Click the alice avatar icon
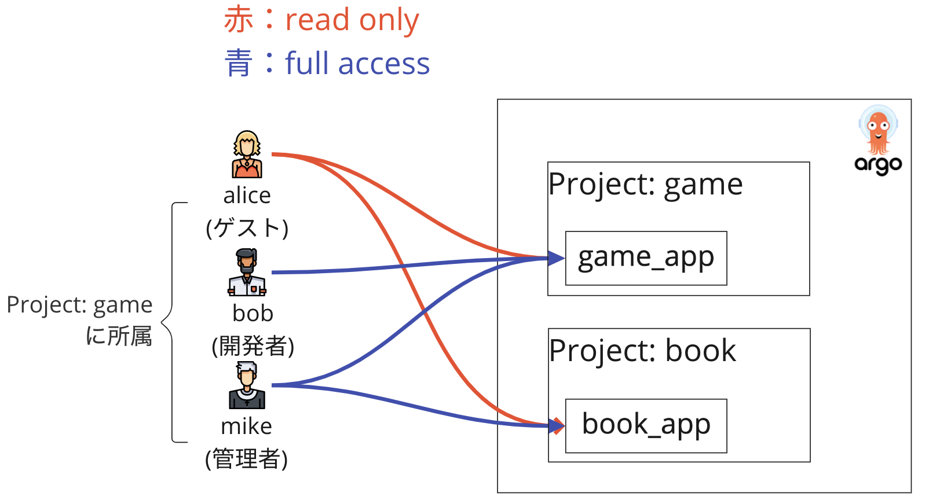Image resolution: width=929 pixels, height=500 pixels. pyautogui.click(x=247, y=154)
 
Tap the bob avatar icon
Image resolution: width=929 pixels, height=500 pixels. pyautogui.click(x=247, y=272)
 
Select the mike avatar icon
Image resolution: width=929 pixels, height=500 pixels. pyautogui.click(x=247, y=385)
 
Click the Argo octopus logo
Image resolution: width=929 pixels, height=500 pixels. pyautogui.click(x=878, y=130)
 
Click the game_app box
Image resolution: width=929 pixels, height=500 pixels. pyautogui.click(x=646, y=258)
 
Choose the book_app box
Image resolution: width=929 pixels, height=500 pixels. pyautogui.click(x=646, y=425)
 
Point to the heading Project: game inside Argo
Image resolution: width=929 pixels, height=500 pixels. pyautogui.click(x=645, y=185)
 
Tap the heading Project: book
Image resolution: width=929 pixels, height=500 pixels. pyautogui.click(x=642, y=351)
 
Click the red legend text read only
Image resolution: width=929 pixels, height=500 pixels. pyautogui.click(x=352, y=20)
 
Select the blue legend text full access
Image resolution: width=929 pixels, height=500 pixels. pyautogui.click(x=357, y=64)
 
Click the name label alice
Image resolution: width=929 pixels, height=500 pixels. pyautogui.click(x=247, y=196)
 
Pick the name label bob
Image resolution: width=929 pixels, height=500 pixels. pyautogui.click(x=253, y=314)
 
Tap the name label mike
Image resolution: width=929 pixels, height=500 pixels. pyautogui.click(x=247, y=427)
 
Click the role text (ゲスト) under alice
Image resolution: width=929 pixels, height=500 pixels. pyautogui.click(x=247, y=228)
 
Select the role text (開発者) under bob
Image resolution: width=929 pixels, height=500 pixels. pyautogui.click(x=253, y=347)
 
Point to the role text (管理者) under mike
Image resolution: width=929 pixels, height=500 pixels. pyautogui.click(x=247, y=459)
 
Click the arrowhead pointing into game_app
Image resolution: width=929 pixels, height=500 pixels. pyautogui.click(x=557, y=258)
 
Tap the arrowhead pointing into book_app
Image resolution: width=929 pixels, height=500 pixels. pyautogui.click(x=558, y=427)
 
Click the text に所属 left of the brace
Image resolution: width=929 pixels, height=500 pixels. pyautogui.click(x=119, y=336)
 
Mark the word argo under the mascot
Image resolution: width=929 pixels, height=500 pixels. pyautogui.click(x=878, y=165)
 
